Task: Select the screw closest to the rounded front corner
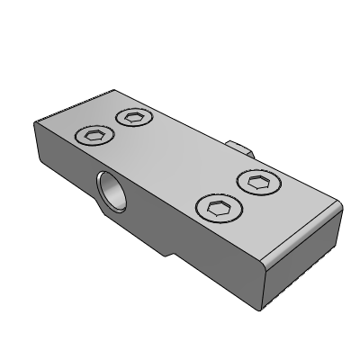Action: [219, 211]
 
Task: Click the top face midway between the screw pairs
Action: [176, 162]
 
